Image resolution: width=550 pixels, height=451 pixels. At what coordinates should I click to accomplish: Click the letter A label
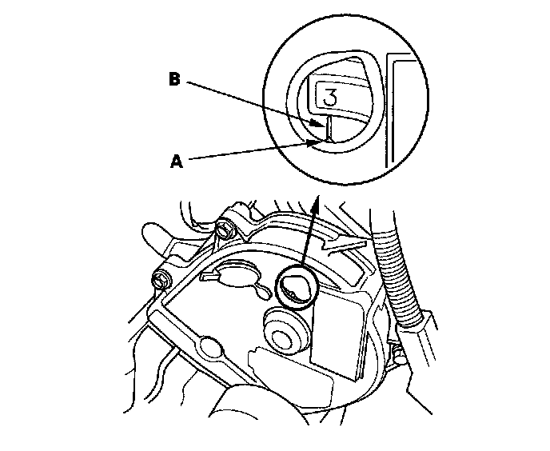pos(177,161)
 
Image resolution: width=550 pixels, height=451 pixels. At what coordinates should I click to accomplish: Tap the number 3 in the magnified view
pos(331,97)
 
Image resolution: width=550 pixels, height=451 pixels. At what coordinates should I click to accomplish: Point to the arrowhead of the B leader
pos(321,124)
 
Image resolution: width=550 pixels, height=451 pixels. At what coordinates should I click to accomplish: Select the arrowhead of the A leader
pos(318,142)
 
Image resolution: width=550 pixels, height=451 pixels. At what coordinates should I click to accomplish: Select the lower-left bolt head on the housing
pos(160,281)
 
